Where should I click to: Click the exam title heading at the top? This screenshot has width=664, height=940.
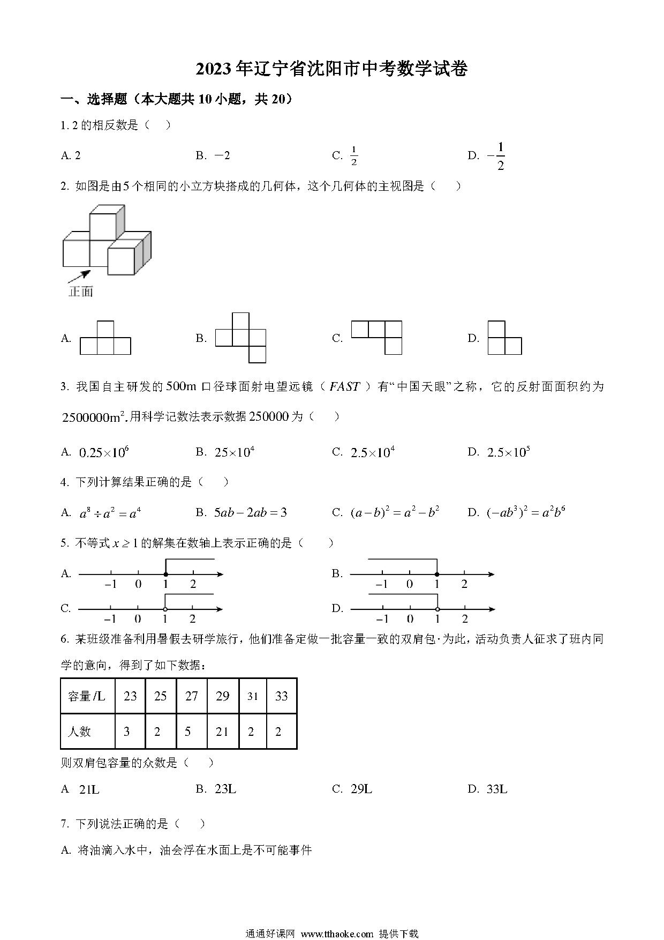point(331,70)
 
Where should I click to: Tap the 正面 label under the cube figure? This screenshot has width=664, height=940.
point(81,292)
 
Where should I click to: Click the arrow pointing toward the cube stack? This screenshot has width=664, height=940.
point(78,277)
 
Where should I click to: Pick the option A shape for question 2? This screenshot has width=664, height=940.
point(105,338)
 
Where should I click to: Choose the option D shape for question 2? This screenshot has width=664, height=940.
point(504,338)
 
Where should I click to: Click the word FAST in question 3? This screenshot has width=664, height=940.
point(344,386)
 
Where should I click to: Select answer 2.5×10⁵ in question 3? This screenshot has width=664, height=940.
point(508,452)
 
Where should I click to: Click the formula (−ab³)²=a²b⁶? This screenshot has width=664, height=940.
point(525,513)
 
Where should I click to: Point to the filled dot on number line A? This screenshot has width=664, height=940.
point(165,575)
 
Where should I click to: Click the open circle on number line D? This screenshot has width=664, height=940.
point(437,609)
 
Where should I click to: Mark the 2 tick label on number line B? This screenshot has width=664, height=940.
point(464,585)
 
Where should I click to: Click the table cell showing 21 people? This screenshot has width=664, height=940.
point(222,732)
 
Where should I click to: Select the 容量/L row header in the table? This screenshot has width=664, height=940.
point(87,696)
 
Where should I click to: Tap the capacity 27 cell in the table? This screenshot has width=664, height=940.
point(191,696)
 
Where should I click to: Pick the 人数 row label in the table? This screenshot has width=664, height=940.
point(80,732)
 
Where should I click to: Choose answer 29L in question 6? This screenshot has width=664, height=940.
point(360,789)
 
